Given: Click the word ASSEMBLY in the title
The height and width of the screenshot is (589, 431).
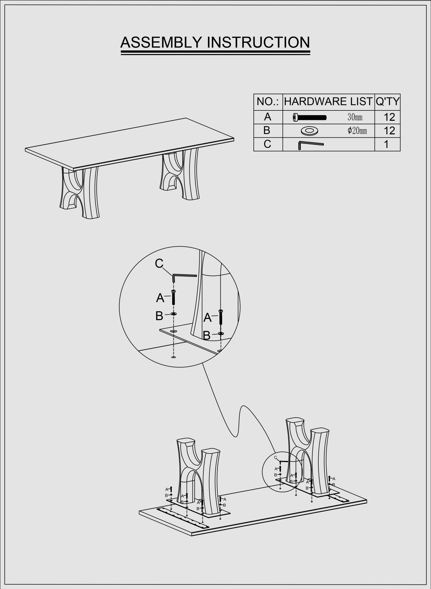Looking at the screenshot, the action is (x=161, y=42).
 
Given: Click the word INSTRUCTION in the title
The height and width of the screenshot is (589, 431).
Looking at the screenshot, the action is (x=258, y=42).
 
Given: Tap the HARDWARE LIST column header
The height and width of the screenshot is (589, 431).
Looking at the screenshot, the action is (x=328, y=102).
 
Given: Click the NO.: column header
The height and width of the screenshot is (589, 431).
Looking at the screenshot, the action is (x=268, y=102).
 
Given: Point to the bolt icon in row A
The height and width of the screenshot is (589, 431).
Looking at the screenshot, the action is (x=310, y=117).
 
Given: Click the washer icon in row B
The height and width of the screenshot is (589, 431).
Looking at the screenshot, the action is (x=309, y=131).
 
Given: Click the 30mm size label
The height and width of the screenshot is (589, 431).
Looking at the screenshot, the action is (x=355, y=117).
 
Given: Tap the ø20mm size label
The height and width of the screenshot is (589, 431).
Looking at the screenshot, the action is (x=357, y=131).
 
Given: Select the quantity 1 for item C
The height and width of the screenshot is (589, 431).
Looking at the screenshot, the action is (x=386, y=144).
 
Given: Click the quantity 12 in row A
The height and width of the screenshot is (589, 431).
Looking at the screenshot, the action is (x=389, y=117).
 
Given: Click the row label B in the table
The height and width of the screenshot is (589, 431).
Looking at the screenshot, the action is (x=267, y=131).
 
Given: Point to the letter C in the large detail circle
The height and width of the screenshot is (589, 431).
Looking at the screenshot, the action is (x=159, y=263).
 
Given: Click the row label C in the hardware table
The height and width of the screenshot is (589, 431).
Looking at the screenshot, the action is (x=267, y=144).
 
